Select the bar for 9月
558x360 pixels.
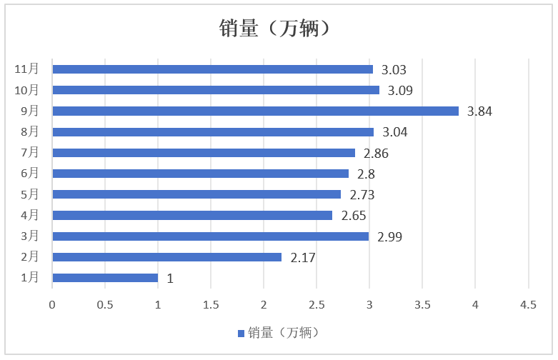pyautogui.click(x=255, y=111)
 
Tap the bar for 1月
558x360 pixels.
pyautogui.click(x=105, y=278)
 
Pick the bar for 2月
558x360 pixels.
pyautogui.click(x=166, y=257)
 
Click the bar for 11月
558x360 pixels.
pyautogui.click(x=212, y=69)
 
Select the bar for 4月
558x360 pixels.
pyautogui.click(x=192, y=215)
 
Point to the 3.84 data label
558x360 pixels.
pyautogui.click(x=479, y=111)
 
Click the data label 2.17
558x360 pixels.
pyautogui.click(x=303, y=258)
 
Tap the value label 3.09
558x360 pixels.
pyautogui.click(x=400, y=91)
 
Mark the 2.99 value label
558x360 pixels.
pyautogui.click(x=389, y=236)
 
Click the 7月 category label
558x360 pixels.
pyautogui.click(x=29, y=153)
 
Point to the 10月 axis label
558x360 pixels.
pyautogui.click(x=26, y=90)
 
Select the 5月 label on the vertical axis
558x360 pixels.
pyautogui.click(x=29, y=194)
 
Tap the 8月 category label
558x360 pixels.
pyautogui.click(x=29, y=131)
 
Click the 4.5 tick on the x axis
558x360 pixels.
pyautogui.click(x=527, y=305)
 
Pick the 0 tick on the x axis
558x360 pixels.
pyautogui.click(x=52, y=305)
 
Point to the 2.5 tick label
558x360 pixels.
pyautogui.click(x=317, y=305)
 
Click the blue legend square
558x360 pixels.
pyautogui.click(x=241, y=334)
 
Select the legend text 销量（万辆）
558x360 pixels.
pyautogui.click(x=283, y=333)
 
